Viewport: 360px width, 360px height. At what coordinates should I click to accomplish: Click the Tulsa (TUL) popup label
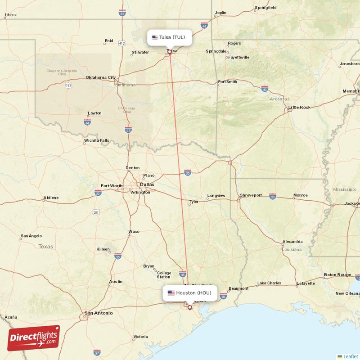point(170,37)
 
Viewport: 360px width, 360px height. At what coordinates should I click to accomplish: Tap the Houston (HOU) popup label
point(189,293)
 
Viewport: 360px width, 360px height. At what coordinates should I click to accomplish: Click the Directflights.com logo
point(34,338)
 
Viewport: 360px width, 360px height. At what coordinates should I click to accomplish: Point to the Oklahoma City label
point(101,77)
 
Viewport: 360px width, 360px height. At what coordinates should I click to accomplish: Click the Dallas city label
point(147,184)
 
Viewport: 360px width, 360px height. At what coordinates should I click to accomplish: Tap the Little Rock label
point(299,107)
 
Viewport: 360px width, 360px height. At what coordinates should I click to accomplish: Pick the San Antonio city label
point(99,313)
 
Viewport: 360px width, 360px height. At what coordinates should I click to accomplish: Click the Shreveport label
point(251,195)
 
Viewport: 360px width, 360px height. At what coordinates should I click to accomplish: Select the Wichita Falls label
point(96,140)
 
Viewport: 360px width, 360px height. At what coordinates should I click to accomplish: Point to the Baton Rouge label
point(337,274)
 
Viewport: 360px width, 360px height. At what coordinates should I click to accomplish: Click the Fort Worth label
point(111,186)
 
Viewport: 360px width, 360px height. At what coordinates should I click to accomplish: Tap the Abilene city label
point(51,198)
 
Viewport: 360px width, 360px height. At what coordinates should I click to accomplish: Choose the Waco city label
point(134,232)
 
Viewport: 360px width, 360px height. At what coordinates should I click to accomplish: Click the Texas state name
point(45,247)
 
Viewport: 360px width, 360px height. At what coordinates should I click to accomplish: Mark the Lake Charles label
point(269,283)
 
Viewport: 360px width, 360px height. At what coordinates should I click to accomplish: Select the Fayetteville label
point(238,58)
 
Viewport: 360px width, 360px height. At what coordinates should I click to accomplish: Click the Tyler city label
point(194,202)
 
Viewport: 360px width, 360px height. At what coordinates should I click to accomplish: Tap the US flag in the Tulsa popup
point(155,37)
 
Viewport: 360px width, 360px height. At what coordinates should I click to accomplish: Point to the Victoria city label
point(140,337)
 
